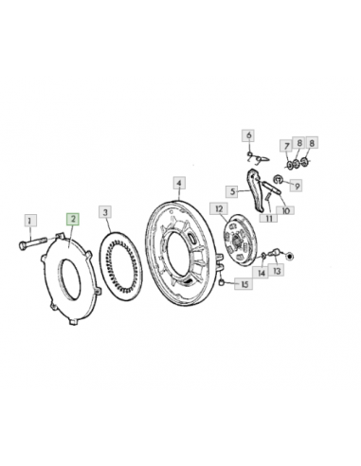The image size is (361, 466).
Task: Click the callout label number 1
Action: (30, 221)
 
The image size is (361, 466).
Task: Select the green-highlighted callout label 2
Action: (73, 219)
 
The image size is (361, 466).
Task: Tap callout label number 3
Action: (105, 212)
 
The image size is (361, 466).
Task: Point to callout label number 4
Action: (179, 184)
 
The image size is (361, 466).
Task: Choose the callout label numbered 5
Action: (232, 191)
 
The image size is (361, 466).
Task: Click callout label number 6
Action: (249, 135)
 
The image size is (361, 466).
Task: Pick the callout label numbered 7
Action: (286, 146)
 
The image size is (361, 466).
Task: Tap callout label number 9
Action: (297, 186)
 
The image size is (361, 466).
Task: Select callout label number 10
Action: (285, 210)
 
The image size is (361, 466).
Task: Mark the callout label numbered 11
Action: (268, 218)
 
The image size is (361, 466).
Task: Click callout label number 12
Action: (219, 209)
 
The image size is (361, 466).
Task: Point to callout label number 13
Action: (277, 271)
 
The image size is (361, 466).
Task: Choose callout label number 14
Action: (262, 273)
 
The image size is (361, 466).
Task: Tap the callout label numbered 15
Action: (244, 284)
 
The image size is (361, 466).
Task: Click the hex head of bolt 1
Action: (23, 245)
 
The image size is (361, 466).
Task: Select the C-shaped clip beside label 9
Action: (278, 179)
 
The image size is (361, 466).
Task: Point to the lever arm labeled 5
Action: (255, 189)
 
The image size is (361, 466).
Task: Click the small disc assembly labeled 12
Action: (239, 241)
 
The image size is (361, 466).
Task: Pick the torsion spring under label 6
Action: (258, 157)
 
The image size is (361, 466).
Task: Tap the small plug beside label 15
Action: (223, 281)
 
